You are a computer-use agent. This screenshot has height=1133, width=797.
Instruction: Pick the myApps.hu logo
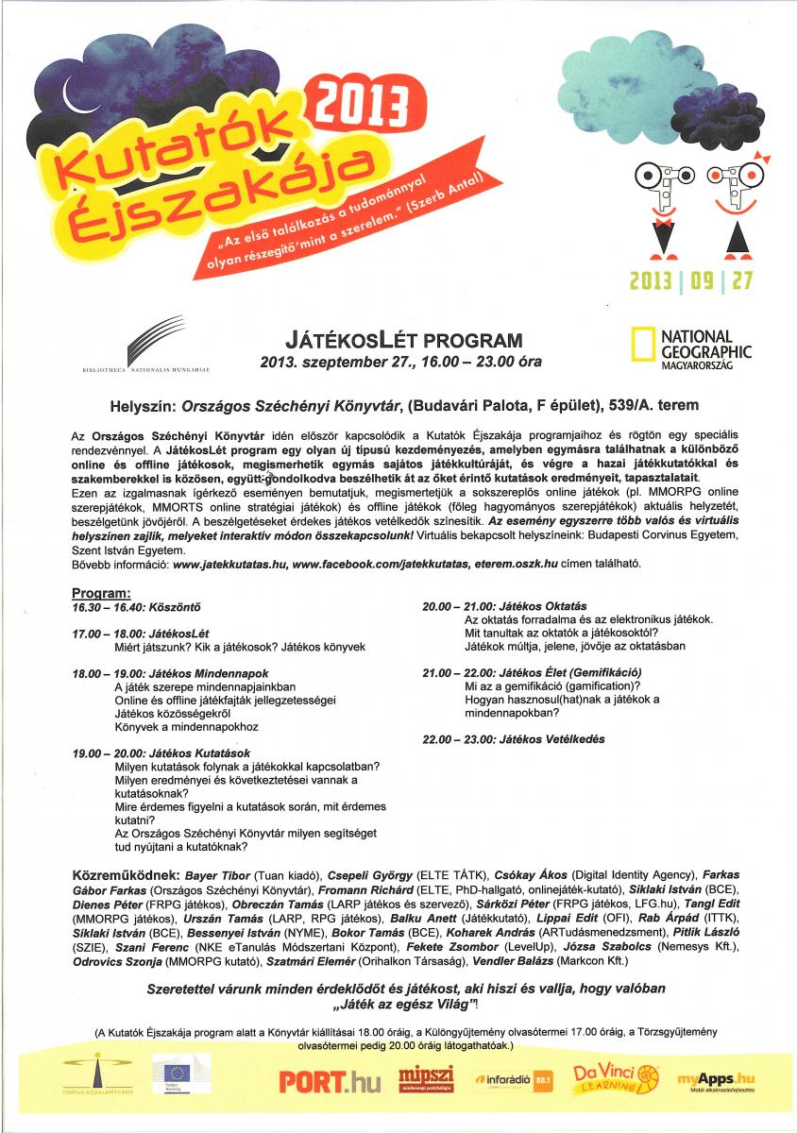[x=716, y=1078]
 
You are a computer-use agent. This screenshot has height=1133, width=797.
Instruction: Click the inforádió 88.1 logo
[x=515, y=1078]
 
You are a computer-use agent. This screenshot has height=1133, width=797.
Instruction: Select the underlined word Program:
[x=101, y=592]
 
